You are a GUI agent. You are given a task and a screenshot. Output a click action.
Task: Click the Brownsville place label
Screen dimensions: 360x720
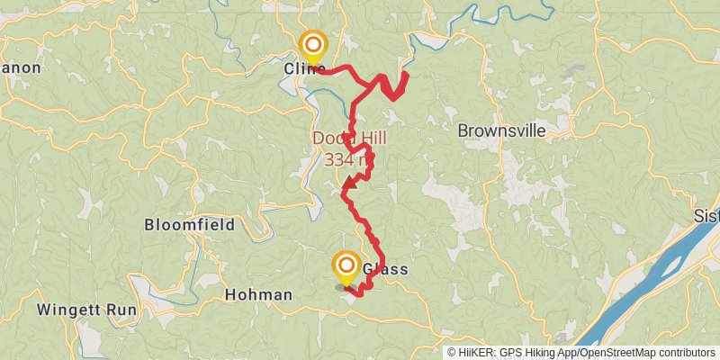pyautogui.click(x=501, y=130)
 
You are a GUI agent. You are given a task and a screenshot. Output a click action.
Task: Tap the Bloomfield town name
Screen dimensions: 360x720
pyautogui.click(x=189, y=225)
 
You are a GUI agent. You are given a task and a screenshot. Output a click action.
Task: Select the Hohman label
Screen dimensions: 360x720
pyautogui.click(x=258, y=294)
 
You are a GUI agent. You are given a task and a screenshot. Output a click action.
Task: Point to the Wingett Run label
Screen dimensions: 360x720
pyautogui.click(x=86, y=310)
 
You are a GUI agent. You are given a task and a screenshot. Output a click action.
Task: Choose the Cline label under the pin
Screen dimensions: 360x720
pyautogui.click(x=304, y=69)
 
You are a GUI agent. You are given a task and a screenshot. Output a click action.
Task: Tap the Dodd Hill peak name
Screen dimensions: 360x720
pyautogui.click(x=343, y=139)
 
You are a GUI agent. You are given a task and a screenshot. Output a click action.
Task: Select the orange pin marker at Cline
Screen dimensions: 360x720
pyautogui.click(x=313, y=45)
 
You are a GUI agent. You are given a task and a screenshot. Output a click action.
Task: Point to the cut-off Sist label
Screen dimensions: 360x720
pyautogui.click(x=706, y=217)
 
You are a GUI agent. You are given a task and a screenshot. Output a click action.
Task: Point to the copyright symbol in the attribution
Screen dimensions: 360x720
pyautogui.click(x=453, y=352)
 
